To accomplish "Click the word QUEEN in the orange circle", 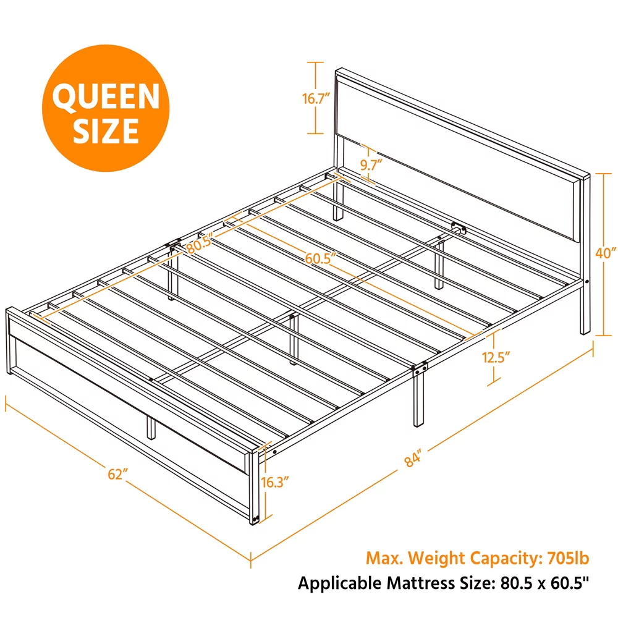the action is click(106, 97).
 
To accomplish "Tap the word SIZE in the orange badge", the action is click(106, 131).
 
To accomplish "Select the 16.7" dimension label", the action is click(316, 98).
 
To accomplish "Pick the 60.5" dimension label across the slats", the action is click(321, 258).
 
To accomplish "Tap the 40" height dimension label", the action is click(606, 253).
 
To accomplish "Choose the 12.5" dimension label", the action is click(496, 357).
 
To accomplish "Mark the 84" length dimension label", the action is click(413, 459).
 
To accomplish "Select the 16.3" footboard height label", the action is click(275, 481).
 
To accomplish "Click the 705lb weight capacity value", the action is click(568, 558).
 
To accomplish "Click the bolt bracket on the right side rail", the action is click(419, 370).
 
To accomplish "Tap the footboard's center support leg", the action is click(151, 427).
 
